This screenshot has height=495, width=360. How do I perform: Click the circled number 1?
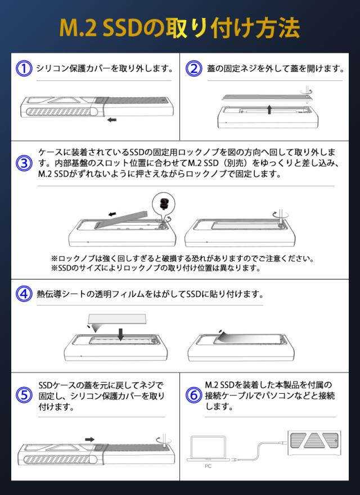24,69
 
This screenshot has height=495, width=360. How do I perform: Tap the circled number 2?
193,69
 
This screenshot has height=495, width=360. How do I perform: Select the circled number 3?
24,163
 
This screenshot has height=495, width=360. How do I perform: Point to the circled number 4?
24,294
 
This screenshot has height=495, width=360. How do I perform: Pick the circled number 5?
24,395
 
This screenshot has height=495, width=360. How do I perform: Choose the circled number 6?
193,395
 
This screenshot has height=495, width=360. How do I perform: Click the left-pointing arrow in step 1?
112,120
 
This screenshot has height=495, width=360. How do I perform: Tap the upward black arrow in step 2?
269,110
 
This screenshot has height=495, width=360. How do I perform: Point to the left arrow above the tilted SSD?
112,214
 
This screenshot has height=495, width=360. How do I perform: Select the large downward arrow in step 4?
120,335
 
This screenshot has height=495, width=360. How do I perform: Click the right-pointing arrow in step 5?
89,439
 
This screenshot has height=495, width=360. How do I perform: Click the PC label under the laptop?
208,466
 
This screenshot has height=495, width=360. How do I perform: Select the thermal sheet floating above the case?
118,319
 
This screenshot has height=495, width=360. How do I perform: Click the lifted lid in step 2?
265,97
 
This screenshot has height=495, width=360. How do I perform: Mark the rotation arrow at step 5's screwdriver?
164,440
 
